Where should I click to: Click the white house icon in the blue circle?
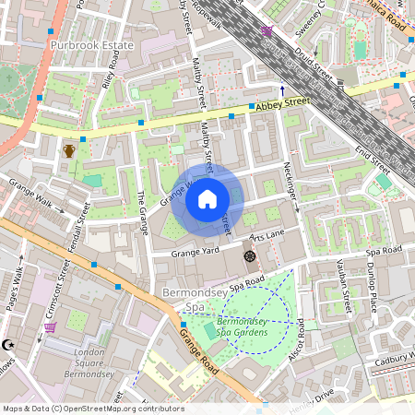pyautogui.click(x=207, y=197)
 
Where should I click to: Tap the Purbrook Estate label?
pyautogui.click(x=92, y=44)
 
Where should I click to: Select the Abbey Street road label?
pyautogui.click(x=282, y=106)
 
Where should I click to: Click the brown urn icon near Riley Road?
pyautogui.click(x=68, y=150)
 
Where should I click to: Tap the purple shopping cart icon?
pyautogui.click(x=50, y=326)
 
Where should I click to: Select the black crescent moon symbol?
pyautogui.click(x=10, y=344)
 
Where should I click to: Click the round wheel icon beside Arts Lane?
pyautogui.click(x=248, y=255)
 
